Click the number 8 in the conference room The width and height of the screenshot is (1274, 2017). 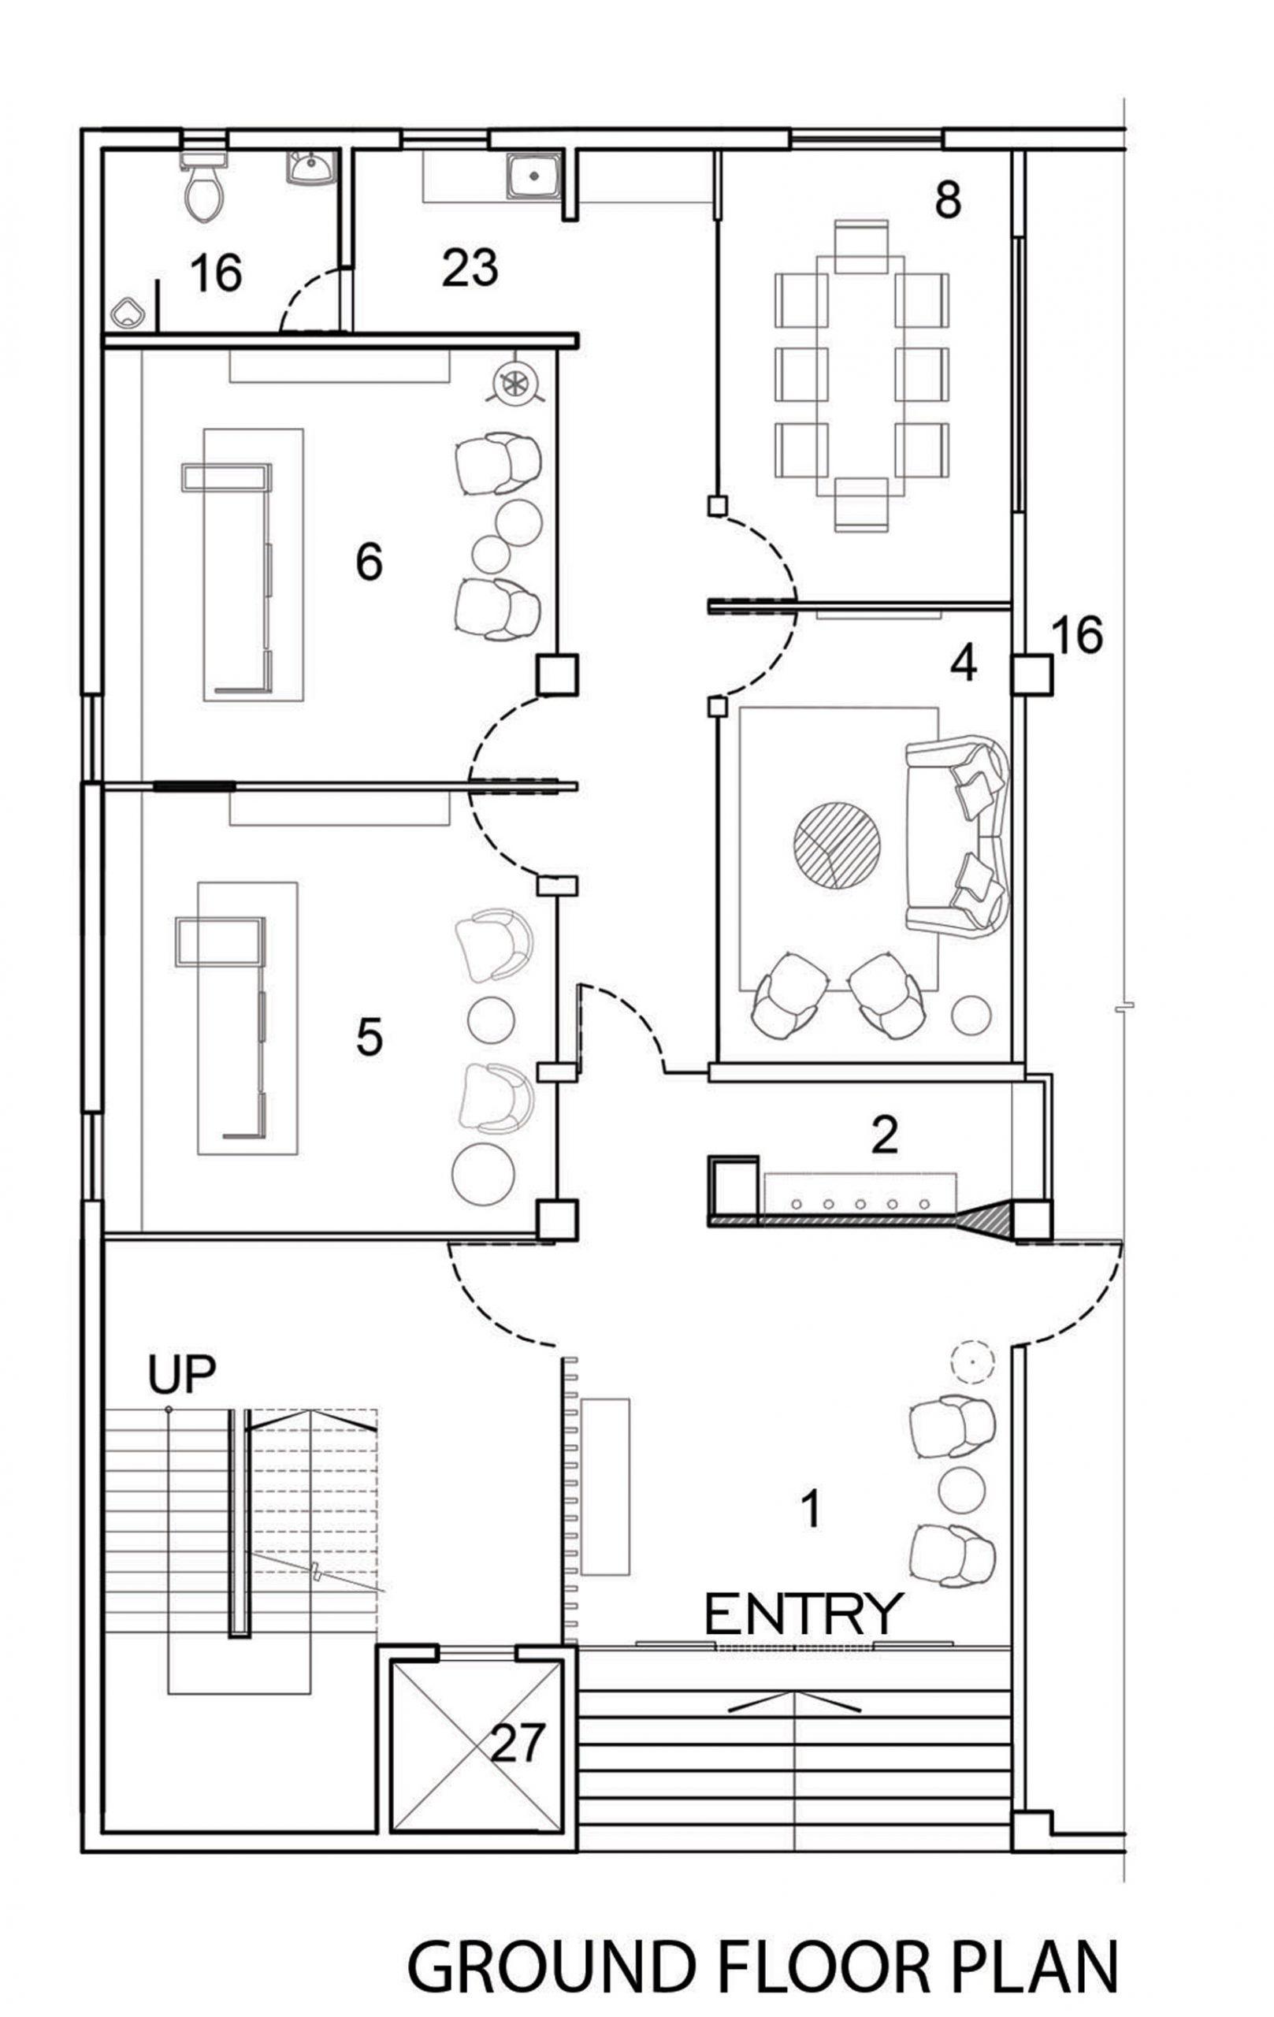pyautogui.click(x=947, y=201)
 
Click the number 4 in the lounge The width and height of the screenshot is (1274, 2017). pyautogui.click(x=964, y=664)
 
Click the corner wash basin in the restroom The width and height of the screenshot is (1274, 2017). pyautogui.click(x=311, y=167)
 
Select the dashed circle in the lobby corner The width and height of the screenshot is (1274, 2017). pyautogui.click(x=971, y=1361)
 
